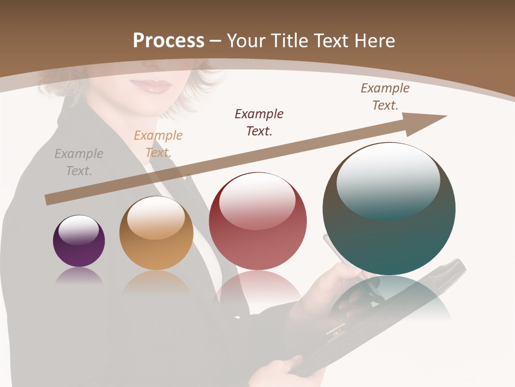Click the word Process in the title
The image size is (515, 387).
pos(168,41)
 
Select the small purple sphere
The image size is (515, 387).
pos(79,241)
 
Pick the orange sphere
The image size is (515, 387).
pos(156,233)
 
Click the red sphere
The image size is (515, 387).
pos(257,221)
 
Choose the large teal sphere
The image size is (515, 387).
pos(389,209)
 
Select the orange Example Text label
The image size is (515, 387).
pos(158,144)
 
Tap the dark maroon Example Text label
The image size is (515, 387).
pos(259,122)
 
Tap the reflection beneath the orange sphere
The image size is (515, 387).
pos(156,282)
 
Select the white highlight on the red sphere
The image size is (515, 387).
pos(257,200)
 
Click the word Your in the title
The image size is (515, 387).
pos(246,41)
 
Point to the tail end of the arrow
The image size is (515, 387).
pos(49,200)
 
